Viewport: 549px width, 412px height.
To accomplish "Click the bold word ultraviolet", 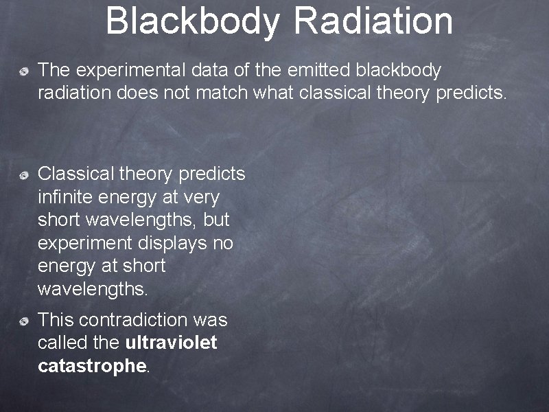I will [172, 343].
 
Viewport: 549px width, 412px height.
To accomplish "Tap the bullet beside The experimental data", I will [24, 71].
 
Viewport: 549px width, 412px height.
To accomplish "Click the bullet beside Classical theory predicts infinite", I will [24, 176].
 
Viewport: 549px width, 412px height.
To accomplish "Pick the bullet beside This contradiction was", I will [24, 321].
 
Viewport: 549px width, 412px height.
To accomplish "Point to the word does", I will [137, 93].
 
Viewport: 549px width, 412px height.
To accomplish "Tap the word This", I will [56, 320].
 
